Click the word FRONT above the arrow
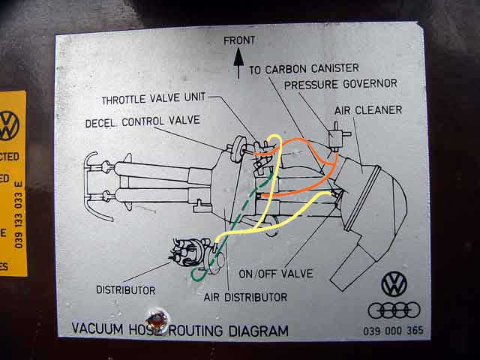(238, 40)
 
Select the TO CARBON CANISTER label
(304, 69)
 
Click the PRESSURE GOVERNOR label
(340, 84)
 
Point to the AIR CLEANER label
(367, 110)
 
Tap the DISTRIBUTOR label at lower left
(125, 289)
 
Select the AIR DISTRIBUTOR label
(245, 297)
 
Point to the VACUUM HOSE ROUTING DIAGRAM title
(180, 329)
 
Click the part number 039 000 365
(393, 330)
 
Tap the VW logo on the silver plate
(394, 284)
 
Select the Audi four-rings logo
(394, 310)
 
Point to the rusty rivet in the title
(157, 322)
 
